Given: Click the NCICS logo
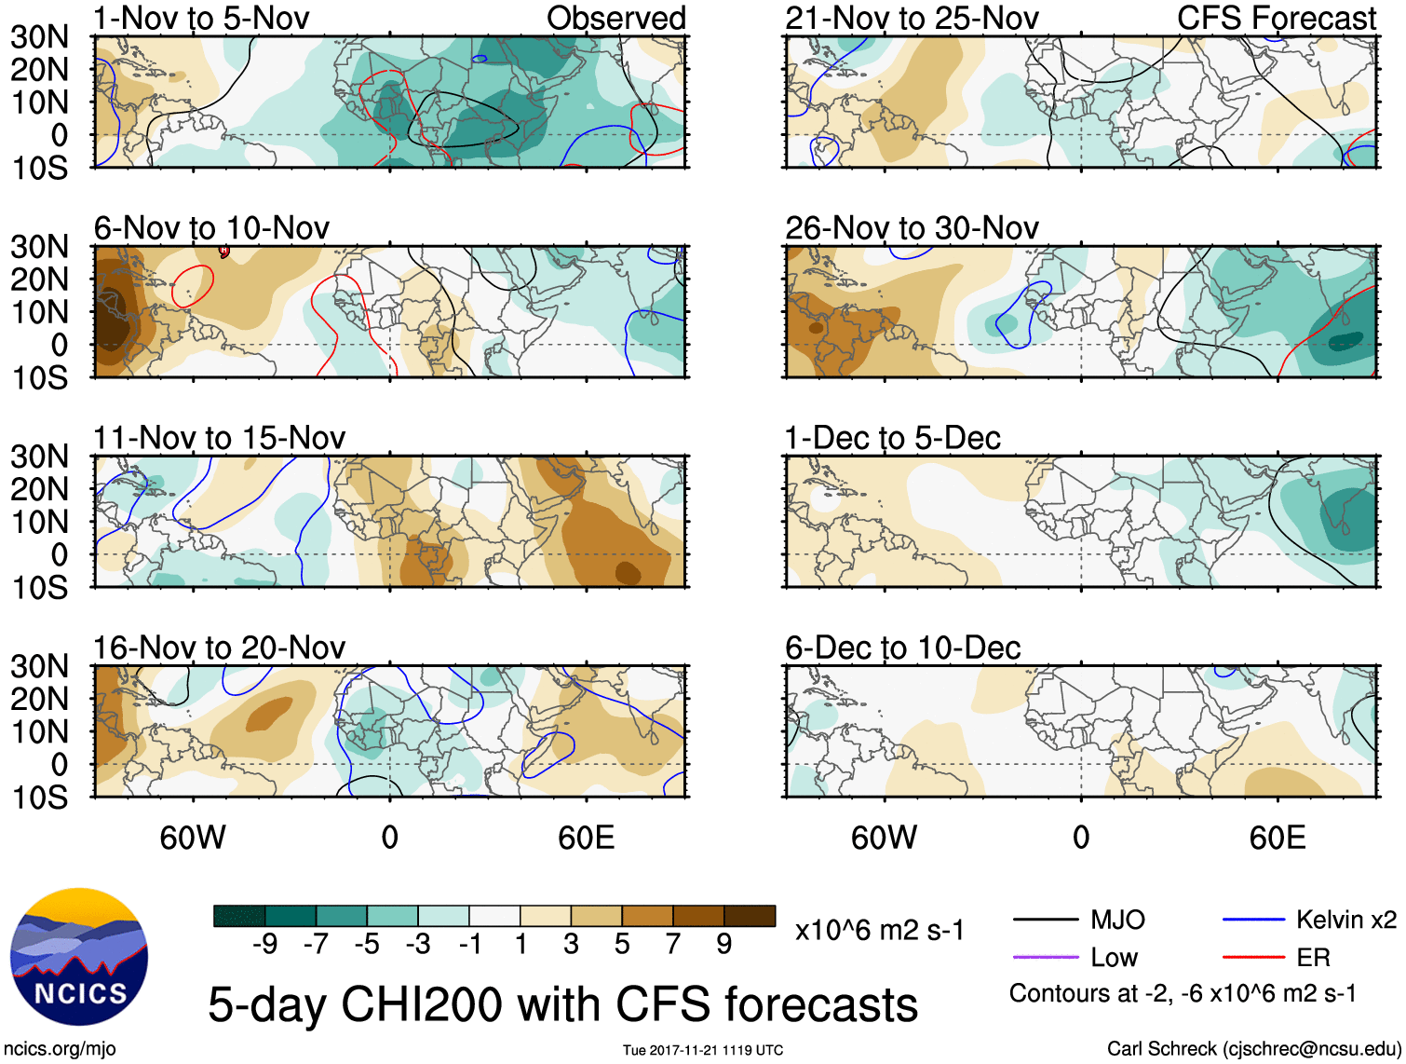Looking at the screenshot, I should pos(79,957).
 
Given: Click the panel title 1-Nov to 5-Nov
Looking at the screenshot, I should pos(201,18).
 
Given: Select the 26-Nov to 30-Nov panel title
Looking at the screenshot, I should pos(912,228).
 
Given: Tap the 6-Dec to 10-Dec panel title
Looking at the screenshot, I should pos(902,648).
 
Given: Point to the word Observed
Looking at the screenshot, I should pos(615,18).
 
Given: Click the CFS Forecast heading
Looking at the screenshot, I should pos(1276,18).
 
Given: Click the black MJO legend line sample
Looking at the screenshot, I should pos(1045,921).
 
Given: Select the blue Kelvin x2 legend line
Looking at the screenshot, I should pos(1253,921).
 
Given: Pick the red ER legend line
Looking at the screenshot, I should pos(1253,957).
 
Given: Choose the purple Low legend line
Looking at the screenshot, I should pos(1045,957).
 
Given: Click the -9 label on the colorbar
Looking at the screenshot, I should pos(264,945).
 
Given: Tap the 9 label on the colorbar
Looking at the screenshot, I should pos(724,945).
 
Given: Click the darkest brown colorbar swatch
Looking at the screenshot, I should pos(750,916).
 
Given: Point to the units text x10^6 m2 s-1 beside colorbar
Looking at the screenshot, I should pos(879,930).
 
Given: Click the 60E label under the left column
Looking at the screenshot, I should pos(586,838).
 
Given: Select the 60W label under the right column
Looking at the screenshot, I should pos(884,838).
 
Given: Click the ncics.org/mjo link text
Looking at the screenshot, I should pos(60,1049).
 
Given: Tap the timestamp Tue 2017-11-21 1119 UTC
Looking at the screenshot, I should pos(703,1050).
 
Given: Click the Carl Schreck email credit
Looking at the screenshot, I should pos(1253,1049).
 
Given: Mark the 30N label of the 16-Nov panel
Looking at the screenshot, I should pos(40,666).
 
